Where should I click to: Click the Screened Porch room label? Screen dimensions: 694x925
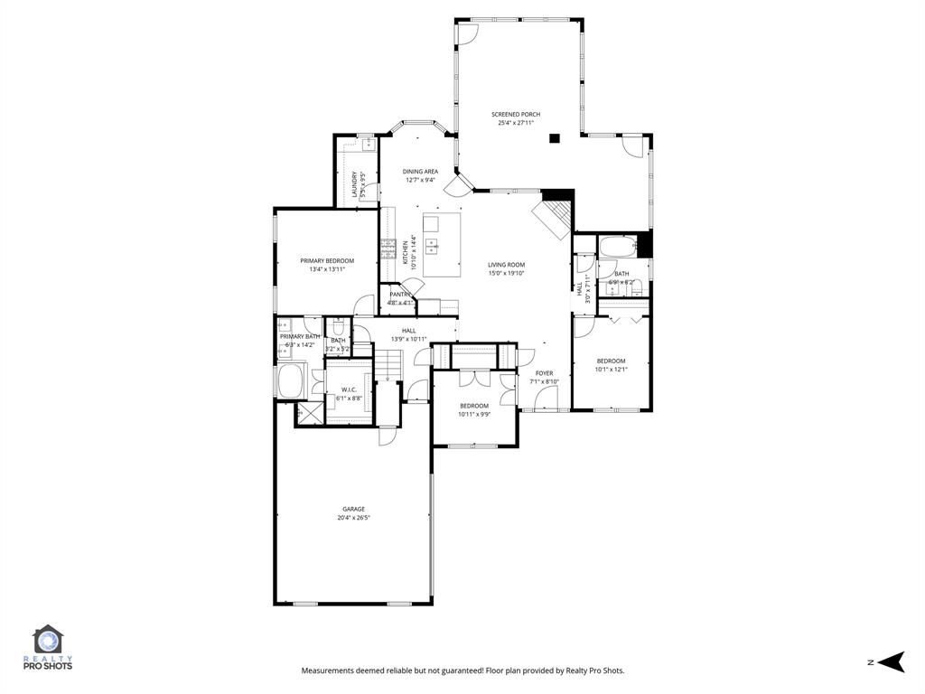click(516, 115)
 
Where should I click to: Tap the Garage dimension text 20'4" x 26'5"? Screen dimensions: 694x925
click(353, 518)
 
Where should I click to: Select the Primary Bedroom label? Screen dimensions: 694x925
click(327, 260)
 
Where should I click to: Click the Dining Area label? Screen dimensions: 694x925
click(420, 171)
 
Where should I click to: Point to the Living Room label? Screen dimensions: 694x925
click(506, 265)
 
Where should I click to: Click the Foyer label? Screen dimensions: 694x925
click(544, 372)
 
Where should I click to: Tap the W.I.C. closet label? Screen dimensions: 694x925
click(349, 389)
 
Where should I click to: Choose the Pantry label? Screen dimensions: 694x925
click(400, 294)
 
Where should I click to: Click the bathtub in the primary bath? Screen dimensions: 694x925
click(292, 380)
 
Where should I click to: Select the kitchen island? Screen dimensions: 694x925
click(441, 245)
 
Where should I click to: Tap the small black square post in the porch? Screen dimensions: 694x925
click(555, 138)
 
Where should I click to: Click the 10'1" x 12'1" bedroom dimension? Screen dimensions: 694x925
click(611, 369)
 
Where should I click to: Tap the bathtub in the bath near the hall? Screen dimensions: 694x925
click(618, 246)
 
